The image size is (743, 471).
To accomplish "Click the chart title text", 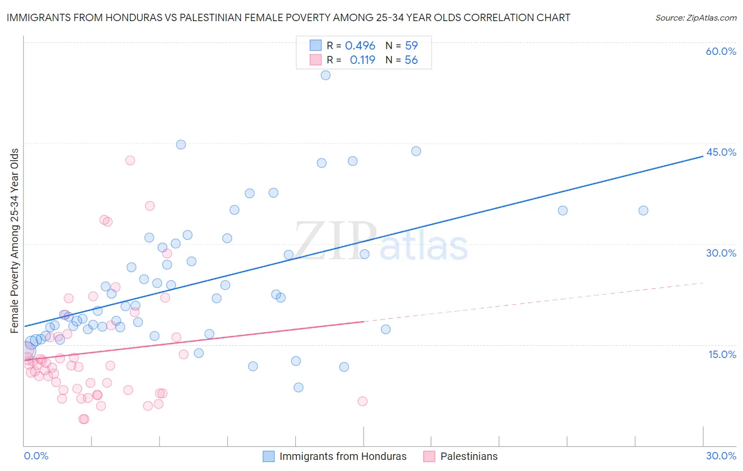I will [x=289, y=17].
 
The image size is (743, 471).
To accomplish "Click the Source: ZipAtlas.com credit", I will [x=695, y=17].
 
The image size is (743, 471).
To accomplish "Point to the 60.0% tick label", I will [x=721, y=51].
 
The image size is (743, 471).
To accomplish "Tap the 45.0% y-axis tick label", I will [x=721, y=152].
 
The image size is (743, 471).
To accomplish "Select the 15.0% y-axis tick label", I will [x=722, y=354].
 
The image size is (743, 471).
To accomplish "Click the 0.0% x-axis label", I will [x=36, y=456].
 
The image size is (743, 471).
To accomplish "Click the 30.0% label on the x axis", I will [x=721, y=456].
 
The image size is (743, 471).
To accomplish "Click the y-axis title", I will [x=14, y=241].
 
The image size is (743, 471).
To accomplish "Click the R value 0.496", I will [x=360, y=46].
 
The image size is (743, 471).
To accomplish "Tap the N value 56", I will [x=411, y=60].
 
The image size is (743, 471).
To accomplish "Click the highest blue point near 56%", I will [x=326, y=76].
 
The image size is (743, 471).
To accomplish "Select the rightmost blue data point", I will [x=643, y=211].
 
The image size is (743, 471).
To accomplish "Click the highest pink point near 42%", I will [x=130, y=161].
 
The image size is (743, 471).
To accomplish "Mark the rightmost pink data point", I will [x=363, y=401].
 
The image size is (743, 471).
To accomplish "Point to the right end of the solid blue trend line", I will [x=703, y=157].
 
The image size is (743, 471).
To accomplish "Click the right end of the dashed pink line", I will [x=703, y=283].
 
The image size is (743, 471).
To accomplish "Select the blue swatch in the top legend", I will [x=315, y=45].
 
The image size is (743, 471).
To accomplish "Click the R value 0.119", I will [x=363, y=60].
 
